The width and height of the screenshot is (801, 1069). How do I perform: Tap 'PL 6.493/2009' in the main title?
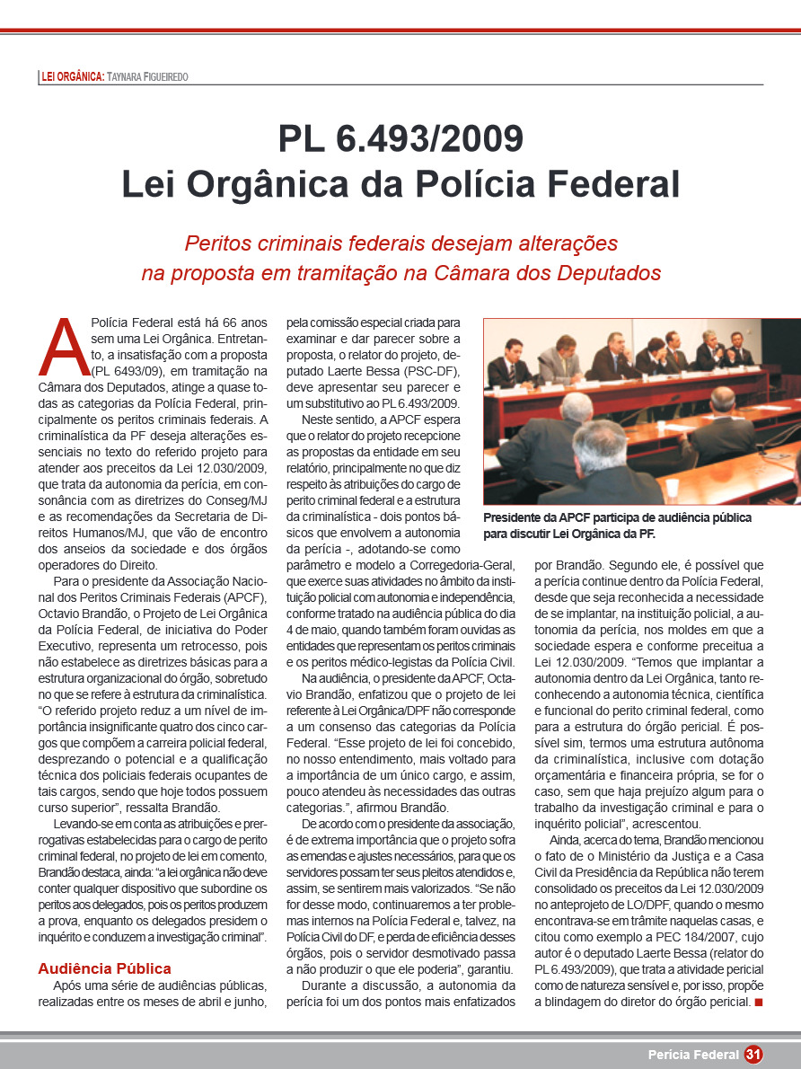[400, 139]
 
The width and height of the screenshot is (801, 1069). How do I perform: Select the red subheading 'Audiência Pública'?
[104, 968]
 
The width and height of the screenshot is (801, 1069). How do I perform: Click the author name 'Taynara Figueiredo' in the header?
[148, 77]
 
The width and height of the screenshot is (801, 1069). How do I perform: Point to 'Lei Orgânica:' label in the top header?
[74, 77]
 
